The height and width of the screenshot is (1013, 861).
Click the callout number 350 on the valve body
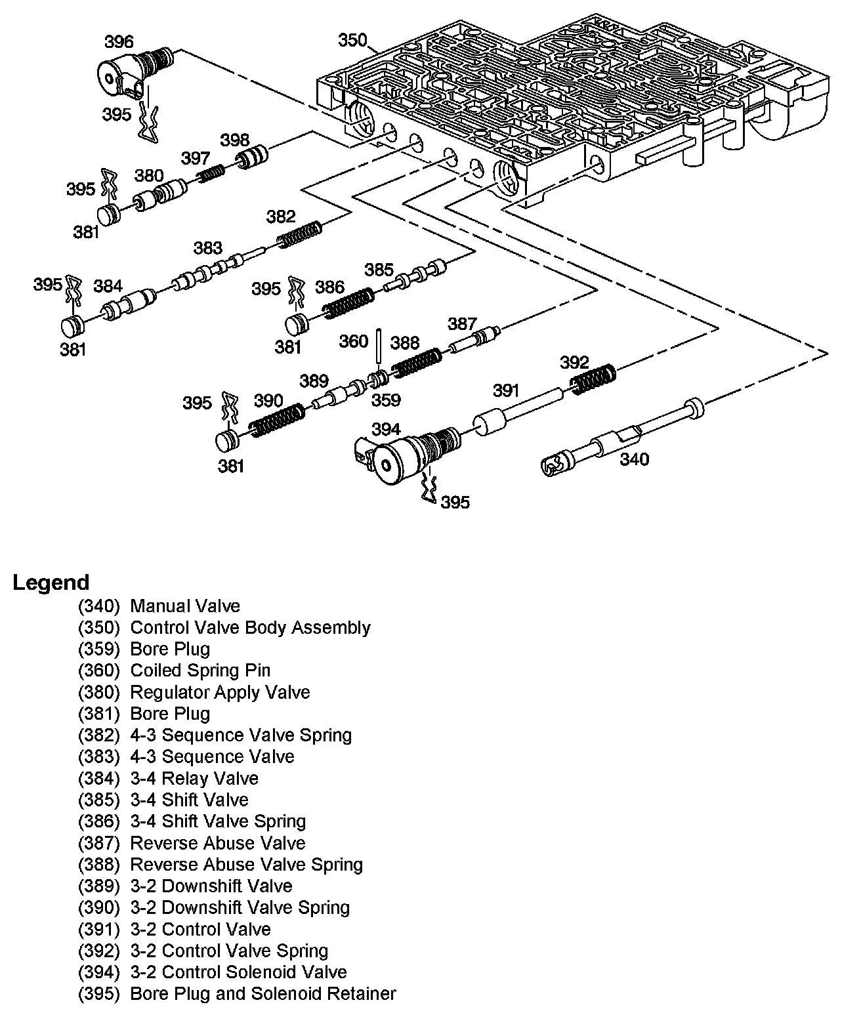click(x=352, y=41)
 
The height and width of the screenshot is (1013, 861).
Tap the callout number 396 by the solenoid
click(x=118, y=42)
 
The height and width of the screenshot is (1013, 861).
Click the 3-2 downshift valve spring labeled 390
click(x=278, y=420)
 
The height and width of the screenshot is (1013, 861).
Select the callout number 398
click(x=234, y=139)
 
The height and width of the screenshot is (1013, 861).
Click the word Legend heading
click(x=51, y=583)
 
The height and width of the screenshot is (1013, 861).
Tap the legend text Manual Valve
click(x=185, y=606)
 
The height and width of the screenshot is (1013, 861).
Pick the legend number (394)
click(x=98, y=972)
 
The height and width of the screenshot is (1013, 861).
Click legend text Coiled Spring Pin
click(x=200, y=671)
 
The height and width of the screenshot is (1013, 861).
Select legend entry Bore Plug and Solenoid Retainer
click(x=262, y=994)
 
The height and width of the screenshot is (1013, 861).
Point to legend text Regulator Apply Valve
click(x=220, y=692)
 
